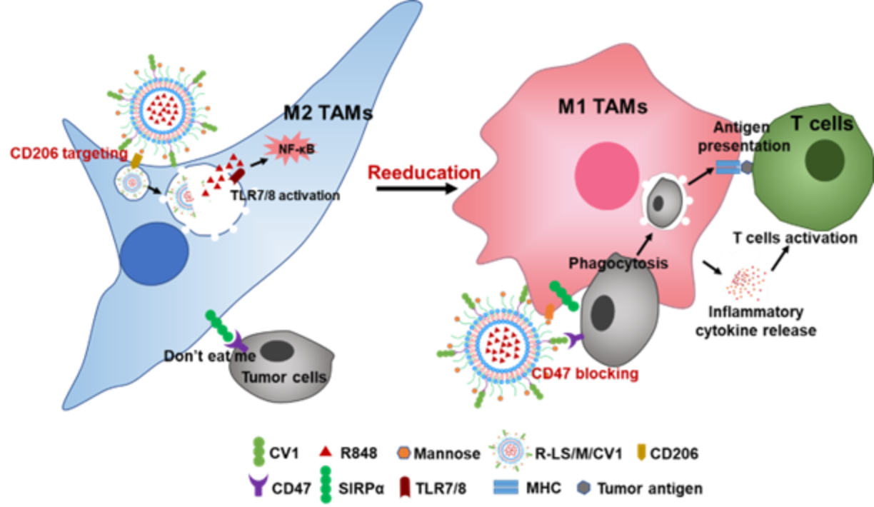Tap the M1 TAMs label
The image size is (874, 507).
(602, 106)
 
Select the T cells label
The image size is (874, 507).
(821, 124)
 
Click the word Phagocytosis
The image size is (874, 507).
(618, 263)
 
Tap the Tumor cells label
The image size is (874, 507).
(284, 377)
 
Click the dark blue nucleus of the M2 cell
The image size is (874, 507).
(154, 253)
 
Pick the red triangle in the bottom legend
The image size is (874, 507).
(326, 451)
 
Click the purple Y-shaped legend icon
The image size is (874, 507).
(258, 484)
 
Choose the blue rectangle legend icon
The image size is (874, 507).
(506, 487)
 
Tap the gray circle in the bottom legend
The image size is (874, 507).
(583, 487)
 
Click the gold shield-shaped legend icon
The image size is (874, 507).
(641, 451)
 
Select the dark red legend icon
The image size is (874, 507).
(404, 487)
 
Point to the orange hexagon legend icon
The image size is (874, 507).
(404, 452)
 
